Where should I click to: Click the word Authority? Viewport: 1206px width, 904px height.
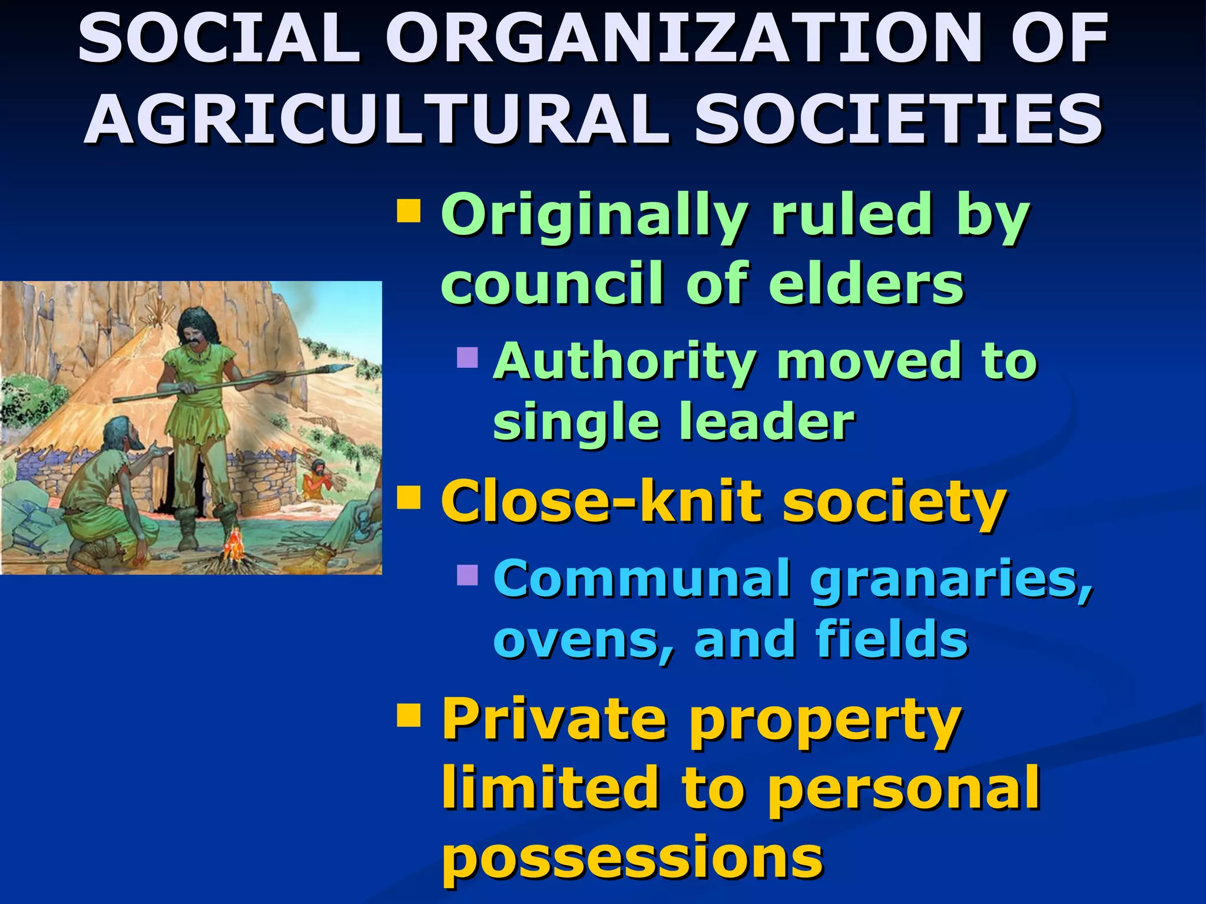tap(625, 360)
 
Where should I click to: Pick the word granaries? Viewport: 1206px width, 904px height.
tap(950, 580)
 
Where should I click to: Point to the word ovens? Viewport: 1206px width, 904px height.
tap(583, 640)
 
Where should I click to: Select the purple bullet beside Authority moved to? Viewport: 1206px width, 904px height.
tap(468, 357)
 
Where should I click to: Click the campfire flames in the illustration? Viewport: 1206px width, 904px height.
tap(234, 544)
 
